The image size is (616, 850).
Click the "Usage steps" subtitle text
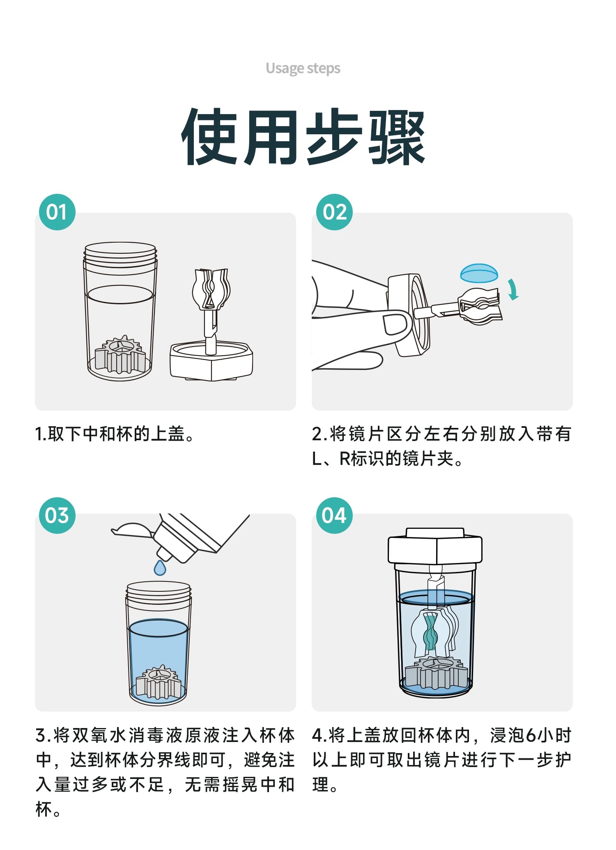pyautogui.click(x=303, y=68)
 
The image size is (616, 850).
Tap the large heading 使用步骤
pyautogui.click(x=303, y=137)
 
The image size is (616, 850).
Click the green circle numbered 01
pyautogui.click(x=57, y=212)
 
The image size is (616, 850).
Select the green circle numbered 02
pyautogui.click(x=334, y=212)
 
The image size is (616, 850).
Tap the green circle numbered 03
pyautogui.click(x=57, y=515)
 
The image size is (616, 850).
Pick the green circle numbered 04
pyautogui.click(x=334, y=515)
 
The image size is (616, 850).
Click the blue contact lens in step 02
pyautogui.click(x=479, y=273)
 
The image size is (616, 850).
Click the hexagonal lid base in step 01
pyautogui.click(x=211, y=361)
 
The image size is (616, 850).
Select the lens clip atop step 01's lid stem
pyautogui.click(x=211, y=289)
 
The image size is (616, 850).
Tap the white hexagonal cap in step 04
pyautogui.click(x=435, y=546)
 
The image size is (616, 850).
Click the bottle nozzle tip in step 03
pyautogui.click(x=164, y=554)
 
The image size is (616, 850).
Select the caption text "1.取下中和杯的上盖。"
pyautogui.click(x=114, y=434)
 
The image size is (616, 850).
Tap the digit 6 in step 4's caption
pyautogui.click(x=531, y=735)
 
